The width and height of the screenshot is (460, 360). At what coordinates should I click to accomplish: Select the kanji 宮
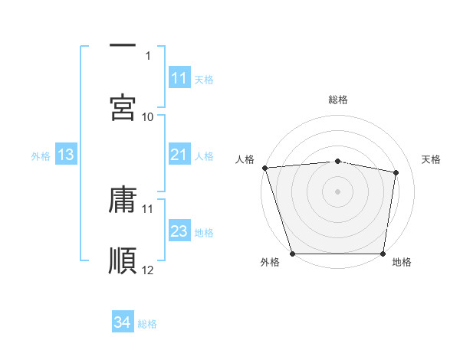(123, 107)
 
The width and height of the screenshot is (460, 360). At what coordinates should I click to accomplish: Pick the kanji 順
(123, 260)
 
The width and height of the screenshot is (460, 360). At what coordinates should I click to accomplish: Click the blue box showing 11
(179, 78)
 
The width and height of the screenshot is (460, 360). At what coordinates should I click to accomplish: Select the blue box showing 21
(179, 155)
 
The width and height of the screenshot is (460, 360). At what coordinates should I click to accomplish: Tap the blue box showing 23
(179, 231)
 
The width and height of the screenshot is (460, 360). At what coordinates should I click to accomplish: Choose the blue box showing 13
(65, 155)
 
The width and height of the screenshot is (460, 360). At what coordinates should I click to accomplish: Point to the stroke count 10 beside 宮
(148, 116)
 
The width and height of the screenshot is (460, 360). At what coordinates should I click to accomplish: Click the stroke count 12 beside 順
(148, 270)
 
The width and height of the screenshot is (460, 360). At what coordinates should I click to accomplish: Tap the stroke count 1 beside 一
(148, 55)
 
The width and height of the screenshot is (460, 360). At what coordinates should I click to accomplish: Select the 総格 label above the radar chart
(338, 100)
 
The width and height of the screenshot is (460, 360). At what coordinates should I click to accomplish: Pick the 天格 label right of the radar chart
(432, 159)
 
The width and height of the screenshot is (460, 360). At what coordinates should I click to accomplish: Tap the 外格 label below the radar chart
(270, 263)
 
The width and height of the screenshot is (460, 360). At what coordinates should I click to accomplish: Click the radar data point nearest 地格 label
(383, 253)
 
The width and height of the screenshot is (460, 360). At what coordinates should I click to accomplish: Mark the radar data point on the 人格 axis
(264, 168)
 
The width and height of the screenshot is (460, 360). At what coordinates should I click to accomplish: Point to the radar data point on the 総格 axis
(338, 161)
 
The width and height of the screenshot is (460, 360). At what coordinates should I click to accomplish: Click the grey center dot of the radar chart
(338, 191)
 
